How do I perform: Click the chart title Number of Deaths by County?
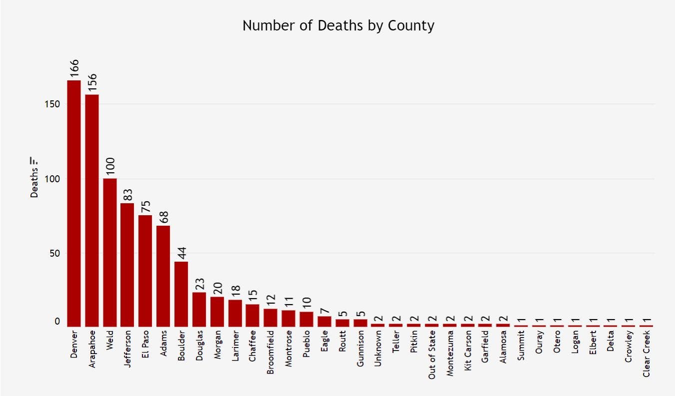(338, 25)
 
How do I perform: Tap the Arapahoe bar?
(92, 210)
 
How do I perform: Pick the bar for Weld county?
(110, 252)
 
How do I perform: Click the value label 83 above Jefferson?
(128, 194)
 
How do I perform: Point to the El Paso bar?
(145, 271)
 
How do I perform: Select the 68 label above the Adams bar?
(163, 217)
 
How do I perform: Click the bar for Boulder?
(181, 294)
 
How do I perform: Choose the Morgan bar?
(217, 312)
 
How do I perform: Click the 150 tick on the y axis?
(53, 104)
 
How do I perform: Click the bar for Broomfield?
(271, 318)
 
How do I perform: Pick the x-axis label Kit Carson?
(468, 350)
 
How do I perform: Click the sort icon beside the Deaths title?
(34, 161)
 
